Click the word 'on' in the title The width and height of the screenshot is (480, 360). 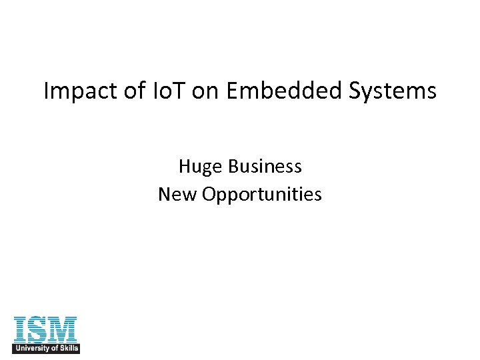tap(207, 91)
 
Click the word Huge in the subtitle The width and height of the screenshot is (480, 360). tap(198, 167)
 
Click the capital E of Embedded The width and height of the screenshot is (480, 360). tap(232, 91)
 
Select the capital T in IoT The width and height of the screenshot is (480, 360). tap(179, 91)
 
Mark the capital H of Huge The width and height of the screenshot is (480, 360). tap(185, 166)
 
